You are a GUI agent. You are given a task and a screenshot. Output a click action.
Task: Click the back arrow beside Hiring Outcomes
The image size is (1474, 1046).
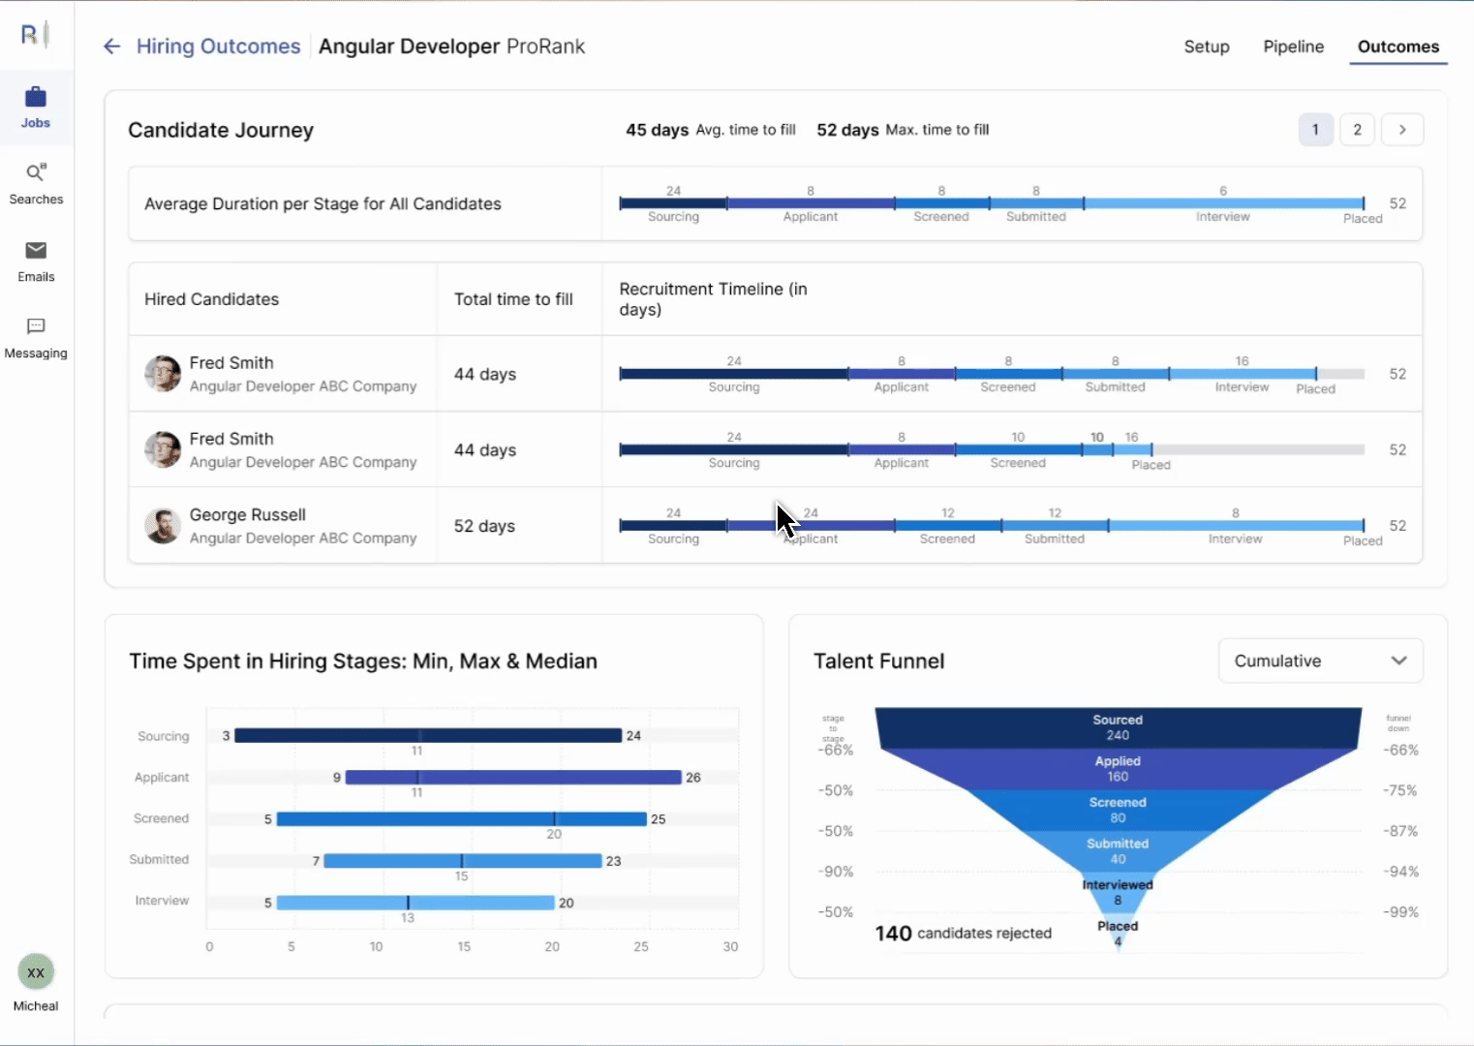(111, 46)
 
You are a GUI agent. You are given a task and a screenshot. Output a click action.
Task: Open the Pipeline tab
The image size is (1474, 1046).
(1293, 46)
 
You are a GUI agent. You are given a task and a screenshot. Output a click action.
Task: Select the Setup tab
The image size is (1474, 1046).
(1206, 46)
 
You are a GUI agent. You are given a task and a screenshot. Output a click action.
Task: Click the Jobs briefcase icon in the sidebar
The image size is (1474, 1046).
(36, 98)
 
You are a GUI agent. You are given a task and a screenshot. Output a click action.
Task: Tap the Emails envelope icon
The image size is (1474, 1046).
(36, 251)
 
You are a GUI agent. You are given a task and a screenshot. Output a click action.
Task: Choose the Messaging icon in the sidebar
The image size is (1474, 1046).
(36, 327)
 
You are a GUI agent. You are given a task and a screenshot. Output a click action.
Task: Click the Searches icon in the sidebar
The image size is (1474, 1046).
(36, 173)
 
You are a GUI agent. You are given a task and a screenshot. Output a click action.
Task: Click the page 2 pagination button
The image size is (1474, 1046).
(1357, 130)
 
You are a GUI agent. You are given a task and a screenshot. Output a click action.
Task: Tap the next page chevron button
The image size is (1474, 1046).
(1401, 130)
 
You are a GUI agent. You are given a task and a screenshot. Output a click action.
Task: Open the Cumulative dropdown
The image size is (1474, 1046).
(1319, 661)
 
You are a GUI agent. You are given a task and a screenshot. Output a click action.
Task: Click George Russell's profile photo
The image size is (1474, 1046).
(163, 526)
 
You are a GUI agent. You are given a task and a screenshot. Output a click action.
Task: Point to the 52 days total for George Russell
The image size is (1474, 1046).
(484, 526)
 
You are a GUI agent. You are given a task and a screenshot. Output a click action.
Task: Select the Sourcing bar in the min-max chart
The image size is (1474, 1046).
(427, 736)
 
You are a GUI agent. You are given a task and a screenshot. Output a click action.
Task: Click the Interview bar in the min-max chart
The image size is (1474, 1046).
(415, 903)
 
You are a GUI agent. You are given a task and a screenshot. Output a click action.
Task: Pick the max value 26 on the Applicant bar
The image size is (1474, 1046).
(693, 778)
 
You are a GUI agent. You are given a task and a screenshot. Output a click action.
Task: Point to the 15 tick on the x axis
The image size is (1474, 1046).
(464, 946)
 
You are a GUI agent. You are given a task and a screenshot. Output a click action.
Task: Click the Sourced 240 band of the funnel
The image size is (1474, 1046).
(1118, 727)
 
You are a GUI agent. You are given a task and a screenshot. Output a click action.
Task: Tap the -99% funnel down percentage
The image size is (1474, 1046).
(1400, 912)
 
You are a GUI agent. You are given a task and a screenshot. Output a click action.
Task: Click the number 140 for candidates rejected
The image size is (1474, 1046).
(893, 934)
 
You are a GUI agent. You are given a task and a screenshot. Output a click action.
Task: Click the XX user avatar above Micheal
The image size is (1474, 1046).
(36, 972)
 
